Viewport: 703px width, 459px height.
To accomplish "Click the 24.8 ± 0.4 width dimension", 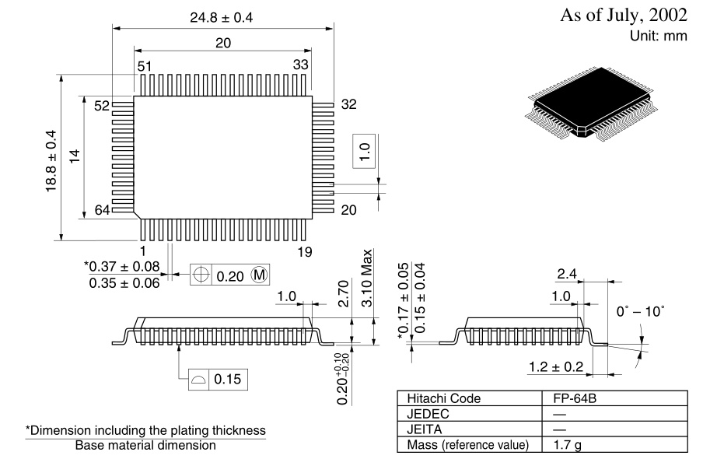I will coord(223,17).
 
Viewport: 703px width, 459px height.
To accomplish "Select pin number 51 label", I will coord(145,66).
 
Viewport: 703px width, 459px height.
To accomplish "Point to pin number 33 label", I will coord(301,65).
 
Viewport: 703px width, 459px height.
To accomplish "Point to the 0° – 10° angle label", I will coord(640,310).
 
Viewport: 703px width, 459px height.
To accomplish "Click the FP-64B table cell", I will coord(570,398).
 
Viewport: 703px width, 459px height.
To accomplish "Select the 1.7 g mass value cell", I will coord(560,445).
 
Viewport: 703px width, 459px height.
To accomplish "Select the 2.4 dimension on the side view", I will coord(566,274).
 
